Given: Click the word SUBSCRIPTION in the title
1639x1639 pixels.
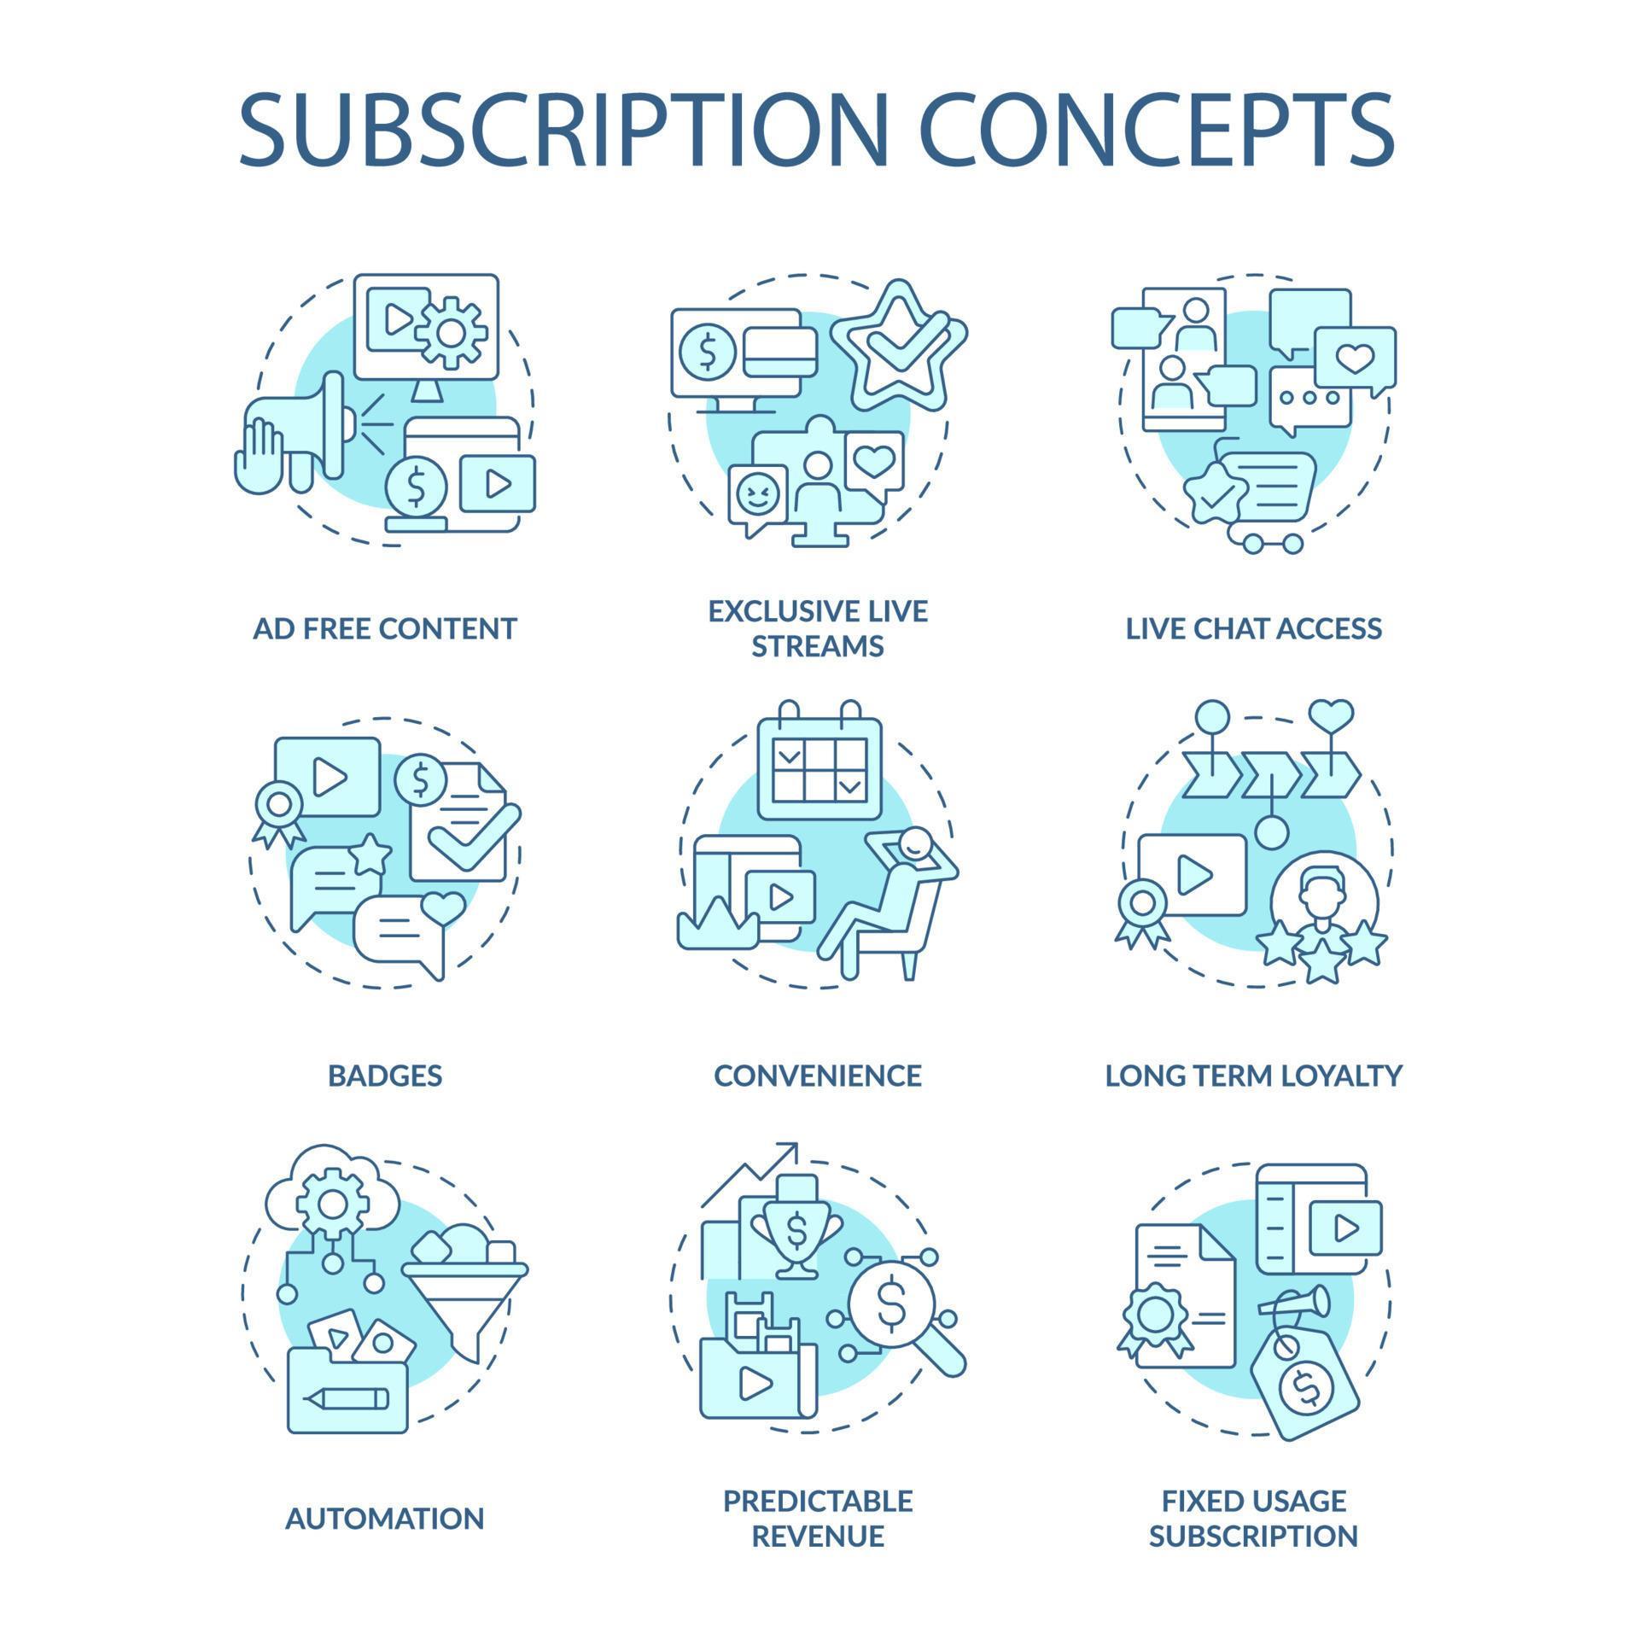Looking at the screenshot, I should (x=563, y=130).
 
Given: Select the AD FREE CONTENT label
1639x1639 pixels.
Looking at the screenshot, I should (x=385, y=629).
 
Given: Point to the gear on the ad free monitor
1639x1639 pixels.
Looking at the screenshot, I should (x=451, y=332).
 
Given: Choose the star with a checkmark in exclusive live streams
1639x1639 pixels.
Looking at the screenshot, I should (x=899, y=349).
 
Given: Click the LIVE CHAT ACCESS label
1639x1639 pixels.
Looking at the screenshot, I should (x=1253, y=629).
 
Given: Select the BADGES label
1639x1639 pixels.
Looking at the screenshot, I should (x=385, y=1076).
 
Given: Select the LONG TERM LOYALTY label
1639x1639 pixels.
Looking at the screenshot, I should (x=1253, y=1076).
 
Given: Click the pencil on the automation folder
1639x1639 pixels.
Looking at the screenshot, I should (x=346, y=1398).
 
